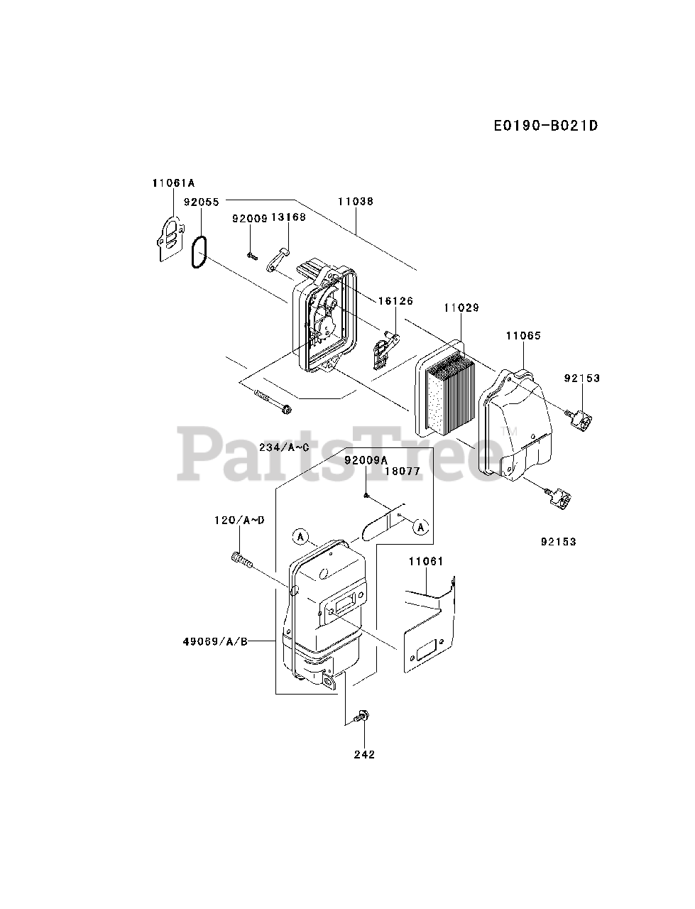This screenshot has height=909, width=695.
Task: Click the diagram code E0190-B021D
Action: tap(545, 126)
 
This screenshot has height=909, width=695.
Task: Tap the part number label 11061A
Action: tap(173, 183)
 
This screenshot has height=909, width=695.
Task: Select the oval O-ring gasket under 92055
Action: tap(199, 253)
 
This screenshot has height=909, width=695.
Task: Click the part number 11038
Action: tap(355, 202)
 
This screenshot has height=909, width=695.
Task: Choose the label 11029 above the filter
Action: tap(461, 308)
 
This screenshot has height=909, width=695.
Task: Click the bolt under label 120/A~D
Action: tap(242, 560)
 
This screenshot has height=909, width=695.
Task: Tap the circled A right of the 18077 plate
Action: tap(421, 527)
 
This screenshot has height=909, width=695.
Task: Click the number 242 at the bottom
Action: tap(363, 754)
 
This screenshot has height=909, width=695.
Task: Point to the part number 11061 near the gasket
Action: tap(425, 562)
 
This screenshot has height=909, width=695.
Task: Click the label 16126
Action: tap(395, 301)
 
